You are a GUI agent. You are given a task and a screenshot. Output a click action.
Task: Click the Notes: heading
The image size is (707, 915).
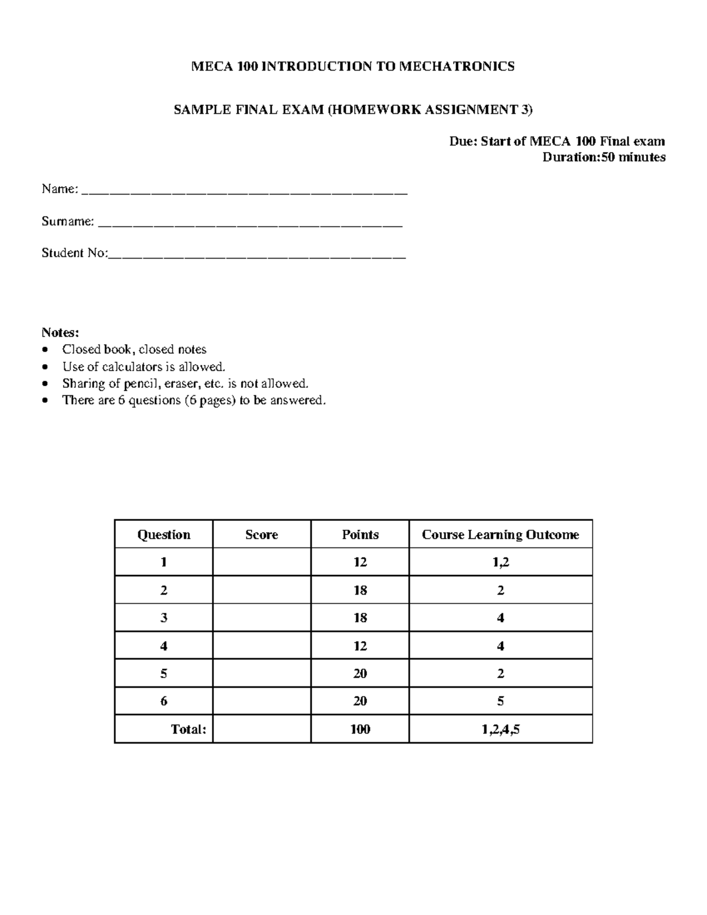[x=60, y=332]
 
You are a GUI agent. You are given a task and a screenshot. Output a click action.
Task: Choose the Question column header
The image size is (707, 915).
[x=164, y=534]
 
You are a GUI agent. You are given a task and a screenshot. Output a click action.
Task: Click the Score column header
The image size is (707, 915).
[x=262, y=534]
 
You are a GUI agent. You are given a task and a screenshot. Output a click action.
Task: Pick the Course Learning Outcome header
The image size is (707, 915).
[x=500, y=534]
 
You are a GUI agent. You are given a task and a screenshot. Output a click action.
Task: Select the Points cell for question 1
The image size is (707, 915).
[x=360, y=562]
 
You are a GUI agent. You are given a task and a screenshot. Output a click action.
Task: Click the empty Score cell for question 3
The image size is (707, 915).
[x=262, y=617]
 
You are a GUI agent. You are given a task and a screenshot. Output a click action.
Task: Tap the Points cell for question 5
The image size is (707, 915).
[x=360, y=673]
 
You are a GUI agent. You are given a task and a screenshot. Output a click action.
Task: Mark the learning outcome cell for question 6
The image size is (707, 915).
[x=500, y=701]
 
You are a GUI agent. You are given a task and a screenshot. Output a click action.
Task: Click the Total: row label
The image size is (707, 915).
[x=189, y=729]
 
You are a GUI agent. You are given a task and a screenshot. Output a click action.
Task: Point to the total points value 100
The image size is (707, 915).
[x=360, y=729]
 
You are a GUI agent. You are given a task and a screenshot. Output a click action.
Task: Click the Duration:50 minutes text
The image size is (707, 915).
[x=604, y=157]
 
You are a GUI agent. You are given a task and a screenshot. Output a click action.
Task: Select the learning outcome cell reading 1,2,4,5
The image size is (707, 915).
[x=500, y=729]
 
